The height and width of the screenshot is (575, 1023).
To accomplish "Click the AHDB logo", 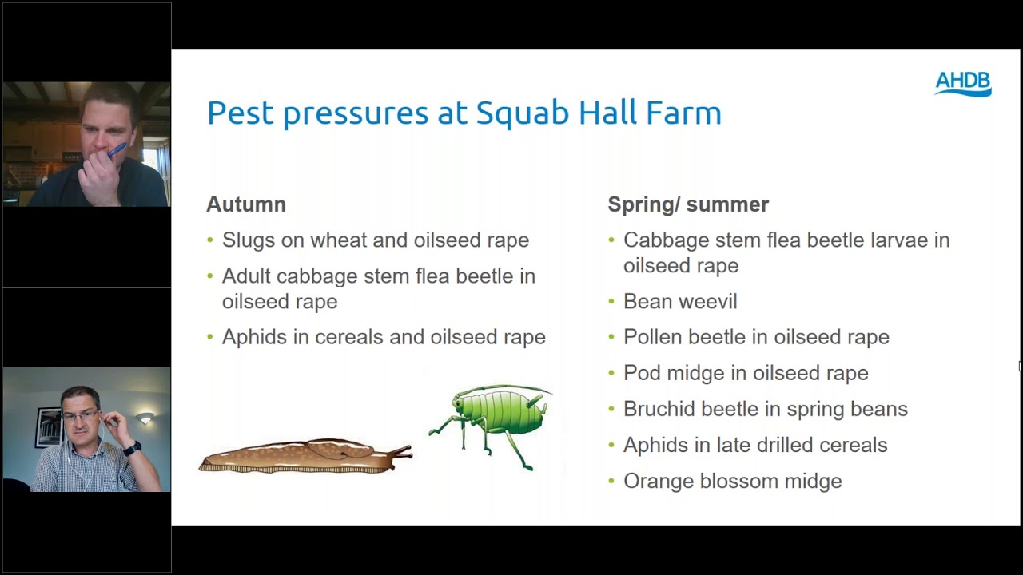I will (963, 84).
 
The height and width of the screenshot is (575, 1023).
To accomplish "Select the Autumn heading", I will (246, 204).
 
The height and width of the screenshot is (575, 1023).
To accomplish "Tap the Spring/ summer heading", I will (687, 204).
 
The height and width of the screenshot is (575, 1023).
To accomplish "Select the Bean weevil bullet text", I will (680, 301).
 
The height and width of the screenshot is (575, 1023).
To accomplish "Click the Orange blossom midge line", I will (732, 481).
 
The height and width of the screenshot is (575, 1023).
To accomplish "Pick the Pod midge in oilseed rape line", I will (746, 373).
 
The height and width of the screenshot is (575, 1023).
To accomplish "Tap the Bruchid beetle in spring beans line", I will (765, 409).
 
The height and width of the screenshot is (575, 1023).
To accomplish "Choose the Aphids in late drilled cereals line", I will (755, 445).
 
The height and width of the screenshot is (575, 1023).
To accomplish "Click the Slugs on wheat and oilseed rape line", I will (376, 240).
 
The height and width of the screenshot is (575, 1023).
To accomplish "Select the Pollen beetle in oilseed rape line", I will (756, 337).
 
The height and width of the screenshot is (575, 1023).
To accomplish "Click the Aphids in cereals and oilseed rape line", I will (384, 337).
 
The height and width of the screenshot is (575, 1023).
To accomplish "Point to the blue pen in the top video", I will (116, 149).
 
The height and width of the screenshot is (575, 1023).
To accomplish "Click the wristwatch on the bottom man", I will (132, 448).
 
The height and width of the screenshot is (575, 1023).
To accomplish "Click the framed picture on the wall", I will (48, 427).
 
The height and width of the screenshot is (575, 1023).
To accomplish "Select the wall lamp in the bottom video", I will (145, 418).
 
